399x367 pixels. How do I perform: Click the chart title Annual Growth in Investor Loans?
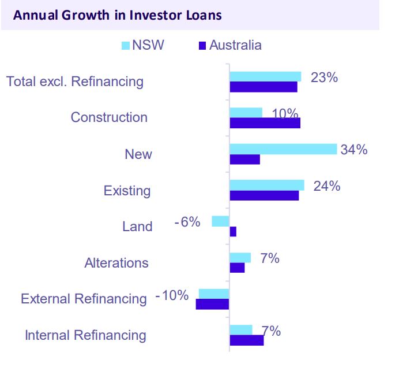tap(117, 15)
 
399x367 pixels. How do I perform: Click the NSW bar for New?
tap(283, 149)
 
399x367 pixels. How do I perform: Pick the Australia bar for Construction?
tap(265, 123)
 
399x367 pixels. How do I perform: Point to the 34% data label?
tap(353, 150)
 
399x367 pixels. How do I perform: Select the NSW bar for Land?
tap(220, 221)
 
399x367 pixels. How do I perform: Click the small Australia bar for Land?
tap(233, 232)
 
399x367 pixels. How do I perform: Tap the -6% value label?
tap(187, 221)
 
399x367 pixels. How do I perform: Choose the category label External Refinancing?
tap(84, 299)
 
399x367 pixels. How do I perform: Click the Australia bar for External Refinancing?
tap(212, 304)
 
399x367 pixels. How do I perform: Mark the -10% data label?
tap(172, 295)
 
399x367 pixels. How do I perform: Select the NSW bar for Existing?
tap(266, 185)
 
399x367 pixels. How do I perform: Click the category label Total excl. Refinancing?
tap(75, 81)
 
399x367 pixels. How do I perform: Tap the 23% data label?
tap(323, 77)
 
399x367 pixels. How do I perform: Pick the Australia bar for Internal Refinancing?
tap(246, 340)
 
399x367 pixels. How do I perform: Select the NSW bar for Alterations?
tap(240, 258)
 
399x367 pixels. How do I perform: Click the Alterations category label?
tap(116, 263)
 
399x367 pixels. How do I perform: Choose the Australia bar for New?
tap(244, 160)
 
